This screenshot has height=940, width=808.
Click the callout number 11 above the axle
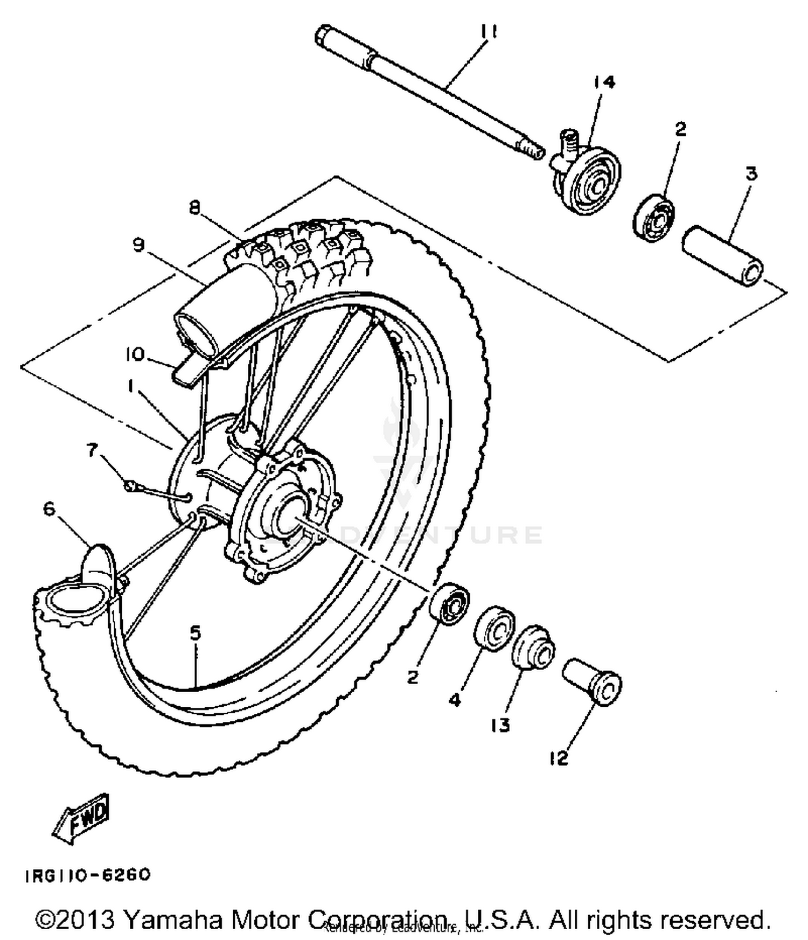tap(489, 32)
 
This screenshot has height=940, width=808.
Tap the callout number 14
tap(604, 82)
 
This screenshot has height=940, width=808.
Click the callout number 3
tap(751, 173)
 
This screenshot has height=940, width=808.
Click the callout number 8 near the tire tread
tap(195, 207)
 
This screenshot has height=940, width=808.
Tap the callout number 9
tap(138, 245)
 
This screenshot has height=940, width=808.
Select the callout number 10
tap(135, 354)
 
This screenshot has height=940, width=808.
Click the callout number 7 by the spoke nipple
tap(93, 449)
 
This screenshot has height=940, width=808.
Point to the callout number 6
tap(49, 508)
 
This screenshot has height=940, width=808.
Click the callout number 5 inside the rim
tap(195, 632)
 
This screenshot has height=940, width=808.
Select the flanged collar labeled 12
tap(593, 681)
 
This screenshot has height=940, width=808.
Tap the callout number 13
tap(500, 726)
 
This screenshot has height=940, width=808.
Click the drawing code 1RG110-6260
tap(88, 875)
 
